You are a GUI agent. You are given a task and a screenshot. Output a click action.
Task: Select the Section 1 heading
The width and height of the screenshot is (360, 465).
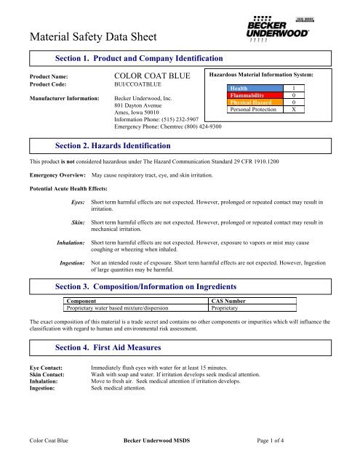tap(139, 57)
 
